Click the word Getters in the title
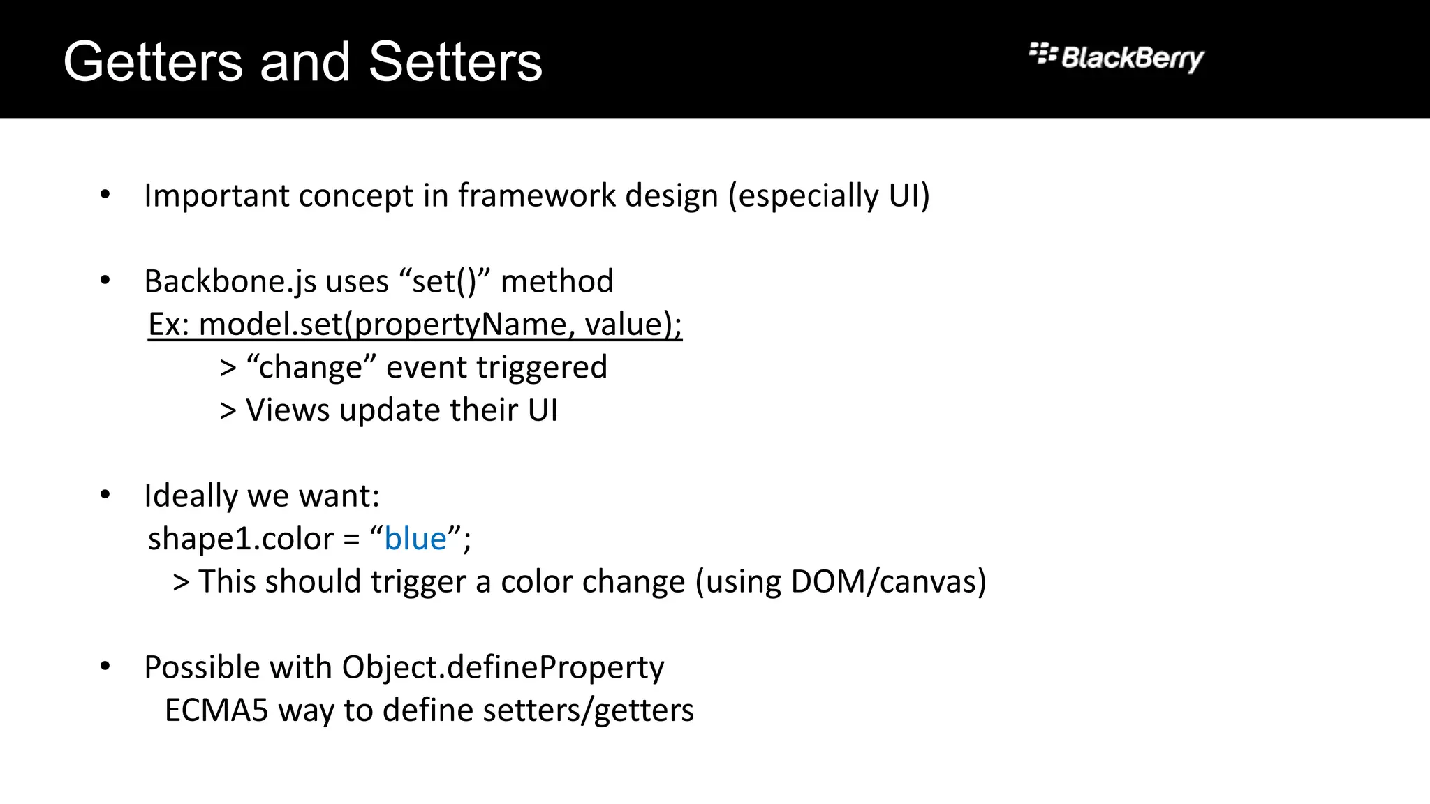pos(153,62)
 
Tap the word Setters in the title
pos(455,62)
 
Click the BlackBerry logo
pos(1116,57)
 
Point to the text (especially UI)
pos(829,195)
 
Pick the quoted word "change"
pos(311,367)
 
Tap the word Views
pos(287,410)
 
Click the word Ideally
pos(191,496)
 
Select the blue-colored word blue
pos(415,539)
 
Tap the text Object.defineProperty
pos(502,668)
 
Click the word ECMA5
pos(216,710)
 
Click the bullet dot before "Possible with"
pos(105,667)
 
